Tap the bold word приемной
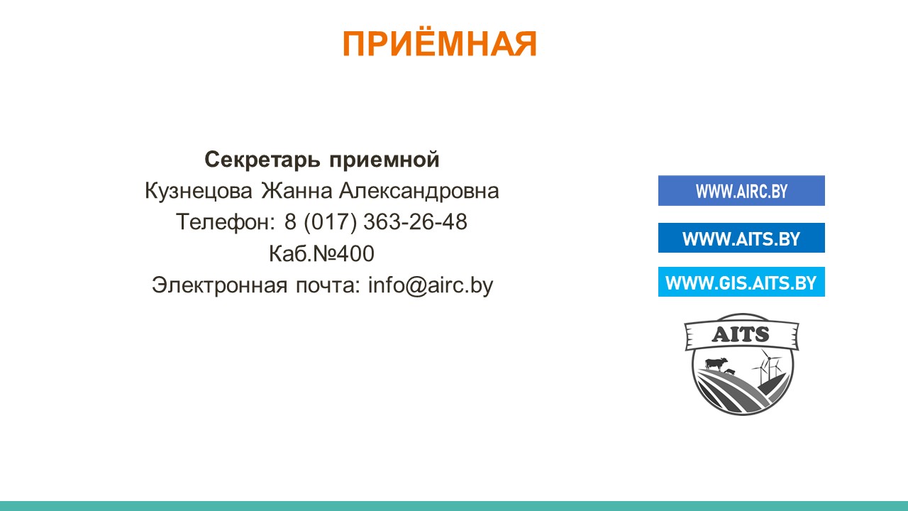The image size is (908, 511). tap(384, 160)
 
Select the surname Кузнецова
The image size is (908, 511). tap(199, 191)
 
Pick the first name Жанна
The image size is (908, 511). tap(297, 191)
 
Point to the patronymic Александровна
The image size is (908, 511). tap(419, 191)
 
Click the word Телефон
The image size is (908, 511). tap(225, 222)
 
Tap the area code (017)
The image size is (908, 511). tap(331, 222)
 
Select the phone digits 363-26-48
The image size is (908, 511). tap(416, 222)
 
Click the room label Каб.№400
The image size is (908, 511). tap(321, 254)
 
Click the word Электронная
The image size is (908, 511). tap(220, 285)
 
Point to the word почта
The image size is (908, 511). tap(328, 286)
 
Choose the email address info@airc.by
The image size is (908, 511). tap(431, 285)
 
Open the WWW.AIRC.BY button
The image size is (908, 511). tap(741, 191)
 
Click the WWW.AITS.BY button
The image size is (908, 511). tap(741, 238)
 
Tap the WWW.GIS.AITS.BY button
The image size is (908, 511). tap(741, 282)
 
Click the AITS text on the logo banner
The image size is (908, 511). tap(740, 334)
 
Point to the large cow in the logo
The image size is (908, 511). tap(716, 363)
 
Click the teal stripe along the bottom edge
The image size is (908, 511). tap(454, 506)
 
